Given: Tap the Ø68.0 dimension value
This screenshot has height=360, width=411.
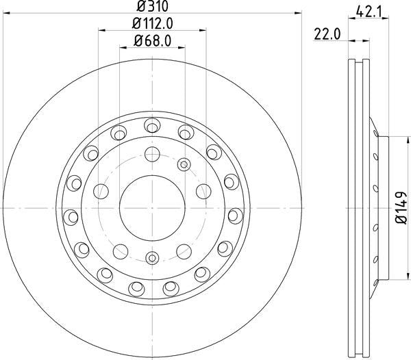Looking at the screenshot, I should click(x=152, y=41).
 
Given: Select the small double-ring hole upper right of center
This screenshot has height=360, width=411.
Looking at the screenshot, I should click(x=183, y=164).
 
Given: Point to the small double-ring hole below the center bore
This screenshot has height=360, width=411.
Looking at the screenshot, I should click(x=151, y=258).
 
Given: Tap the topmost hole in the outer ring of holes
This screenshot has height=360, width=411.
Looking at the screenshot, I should click(x=151, y=124).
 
